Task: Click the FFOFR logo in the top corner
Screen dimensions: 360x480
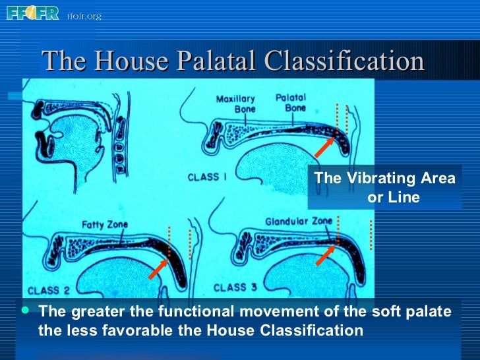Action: [x=33, y=13]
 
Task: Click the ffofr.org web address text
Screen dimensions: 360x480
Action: [x=84, y=16]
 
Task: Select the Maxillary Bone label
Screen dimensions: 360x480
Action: [x=235, y=104]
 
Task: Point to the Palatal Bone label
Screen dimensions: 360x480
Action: [x=291, y=102]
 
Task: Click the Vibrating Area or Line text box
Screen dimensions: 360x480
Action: [x=384, y=188]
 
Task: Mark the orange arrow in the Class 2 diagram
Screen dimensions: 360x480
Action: [x=160, y=267]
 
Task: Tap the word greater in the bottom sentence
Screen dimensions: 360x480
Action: [x=91, y=311]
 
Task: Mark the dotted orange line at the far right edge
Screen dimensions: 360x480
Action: [x=371, y=235]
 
